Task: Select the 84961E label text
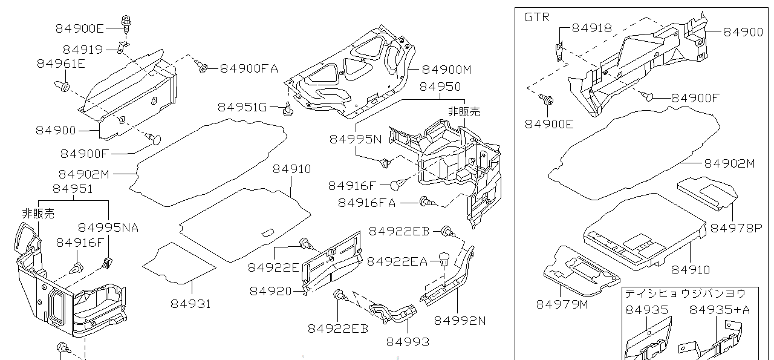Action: pos(60,63)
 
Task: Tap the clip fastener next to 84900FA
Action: pos(203,68)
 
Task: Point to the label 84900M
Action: pos(446,69)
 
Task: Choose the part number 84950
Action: pos(440,87)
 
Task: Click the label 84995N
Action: pos(356,139)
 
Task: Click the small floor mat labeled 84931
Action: pos(179,263)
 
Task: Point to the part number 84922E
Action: pos(273,267)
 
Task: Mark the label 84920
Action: pos(270,291)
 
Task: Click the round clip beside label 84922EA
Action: pos(444,260)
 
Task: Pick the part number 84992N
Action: pos(460,320)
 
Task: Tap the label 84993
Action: pos(408,342)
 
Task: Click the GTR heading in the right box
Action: pos(536,17)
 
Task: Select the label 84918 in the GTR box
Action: pos(591,28)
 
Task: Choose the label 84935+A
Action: pos(720,310)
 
